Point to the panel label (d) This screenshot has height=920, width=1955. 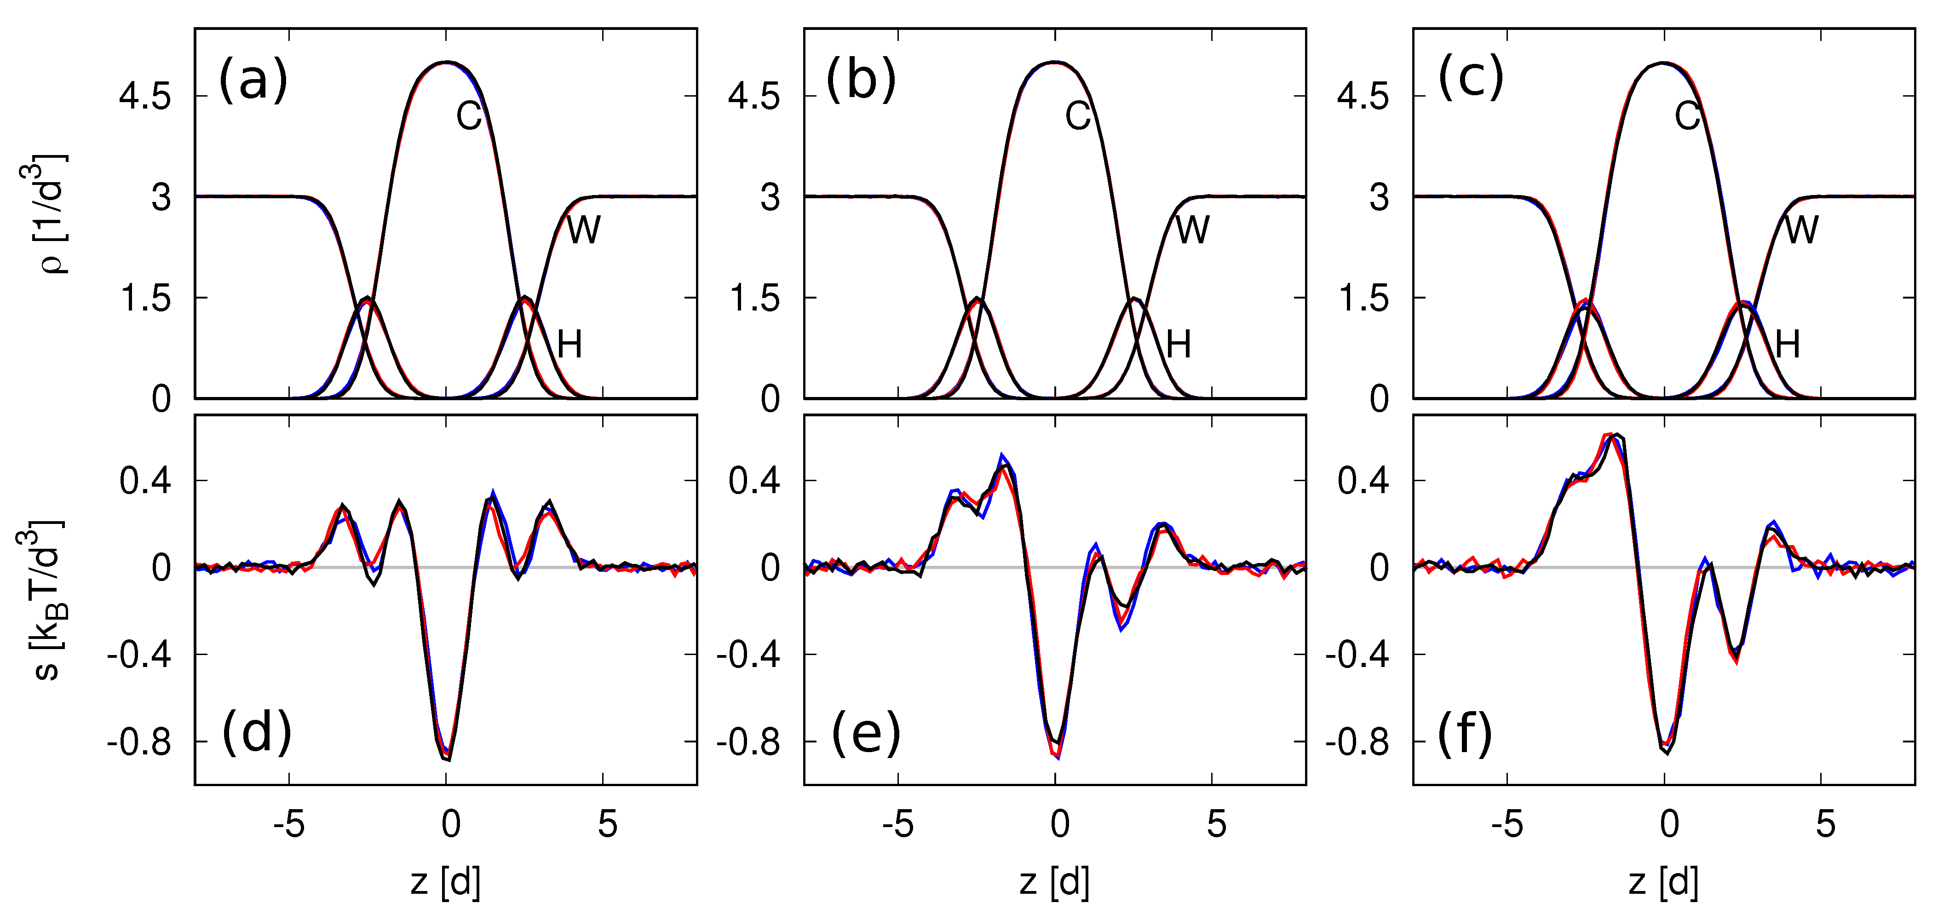[x=257, y=734]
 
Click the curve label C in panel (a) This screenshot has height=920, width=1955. [x=469, y=116]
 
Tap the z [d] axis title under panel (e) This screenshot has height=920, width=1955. [x=1055, y=882]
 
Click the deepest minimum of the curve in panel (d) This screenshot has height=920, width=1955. [x=447, y=758]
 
